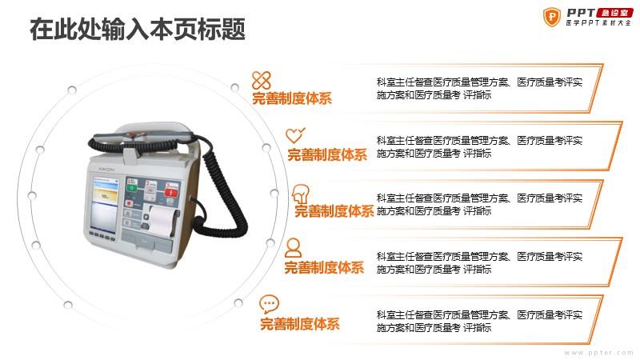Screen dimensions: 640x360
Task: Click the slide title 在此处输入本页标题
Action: pyautogui.click(x=138, y=29)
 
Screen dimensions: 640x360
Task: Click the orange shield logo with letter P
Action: pyautogui.click(x=551, y=17)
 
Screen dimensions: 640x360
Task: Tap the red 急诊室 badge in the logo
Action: pyautogui.click(x=614, y=13)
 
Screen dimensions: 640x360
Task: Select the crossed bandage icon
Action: pyautogui.click(x=262, y=80)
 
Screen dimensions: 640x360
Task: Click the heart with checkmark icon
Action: pyautogui.click(x=295, y=135)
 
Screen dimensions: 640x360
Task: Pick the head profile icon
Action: pyautogui.click(x=301, y=194)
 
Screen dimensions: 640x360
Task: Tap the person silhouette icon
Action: pyautogui.click(x=293, y=248)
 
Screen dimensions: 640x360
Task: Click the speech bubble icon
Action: pyautogui.click(x=269, y=304)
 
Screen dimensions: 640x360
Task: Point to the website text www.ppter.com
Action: pyautogui.click(x=598, y=352)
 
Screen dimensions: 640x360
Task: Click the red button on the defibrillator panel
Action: pyautogui.click(x=171, y=192)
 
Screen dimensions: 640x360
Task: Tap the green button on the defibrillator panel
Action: pyautogui.click(x=132, y=188)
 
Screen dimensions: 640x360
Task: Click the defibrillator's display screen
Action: pyautogui.click(x=105, y=203)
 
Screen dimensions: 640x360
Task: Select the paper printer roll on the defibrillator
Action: pyautogui.click(x=162, y=221)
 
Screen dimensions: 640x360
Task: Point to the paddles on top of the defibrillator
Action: pyautogui.click(x=143, y=137)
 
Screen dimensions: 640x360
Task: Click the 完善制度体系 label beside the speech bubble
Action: pyautogui.click(x=300, y=324)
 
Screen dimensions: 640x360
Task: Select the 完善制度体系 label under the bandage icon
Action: pyautogui.click(x=292, y=98)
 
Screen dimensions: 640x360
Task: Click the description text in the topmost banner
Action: pyautogui.click(x=479, y=89)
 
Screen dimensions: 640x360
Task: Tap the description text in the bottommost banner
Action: pyautogui.click(x=479, y=322)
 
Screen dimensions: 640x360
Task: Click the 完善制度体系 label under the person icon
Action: pyautogui.click(x=324, y=268)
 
